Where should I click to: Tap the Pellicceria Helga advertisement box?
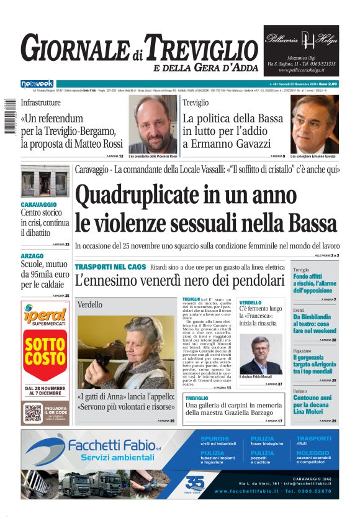coord(301,50)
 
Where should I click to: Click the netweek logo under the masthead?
coord(37,83)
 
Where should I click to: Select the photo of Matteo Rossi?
coord(153,124)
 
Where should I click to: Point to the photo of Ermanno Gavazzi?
coord(314,124)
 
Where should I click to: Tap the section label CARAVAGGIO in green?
coord(38,204)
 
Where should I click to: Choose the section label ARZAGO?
coord(32,256)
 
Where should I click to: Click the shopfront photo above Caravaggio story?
coord(45,181)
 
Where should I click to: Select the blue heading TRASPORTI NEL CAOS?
coord(110,266)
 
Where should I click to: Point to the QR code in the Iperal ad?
coord(32,412)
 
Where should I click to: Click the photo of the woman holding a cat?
coord(125,352)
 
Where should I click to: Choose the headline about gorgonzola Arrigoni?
coord(315,362)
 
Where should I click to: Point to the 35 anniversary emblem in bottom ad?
coord(194,483)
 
